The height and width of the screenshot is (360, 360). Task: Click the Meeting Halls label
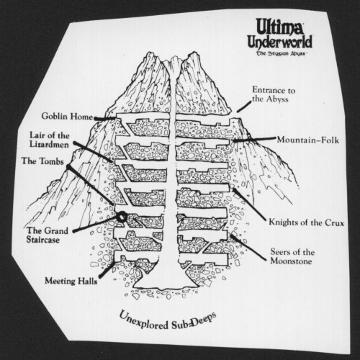point(71,281)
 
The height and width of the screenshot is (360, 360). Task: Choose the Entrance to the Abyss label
point(274,94)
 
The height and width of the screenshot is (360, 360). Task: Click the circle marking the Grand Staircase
point(122,216)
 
